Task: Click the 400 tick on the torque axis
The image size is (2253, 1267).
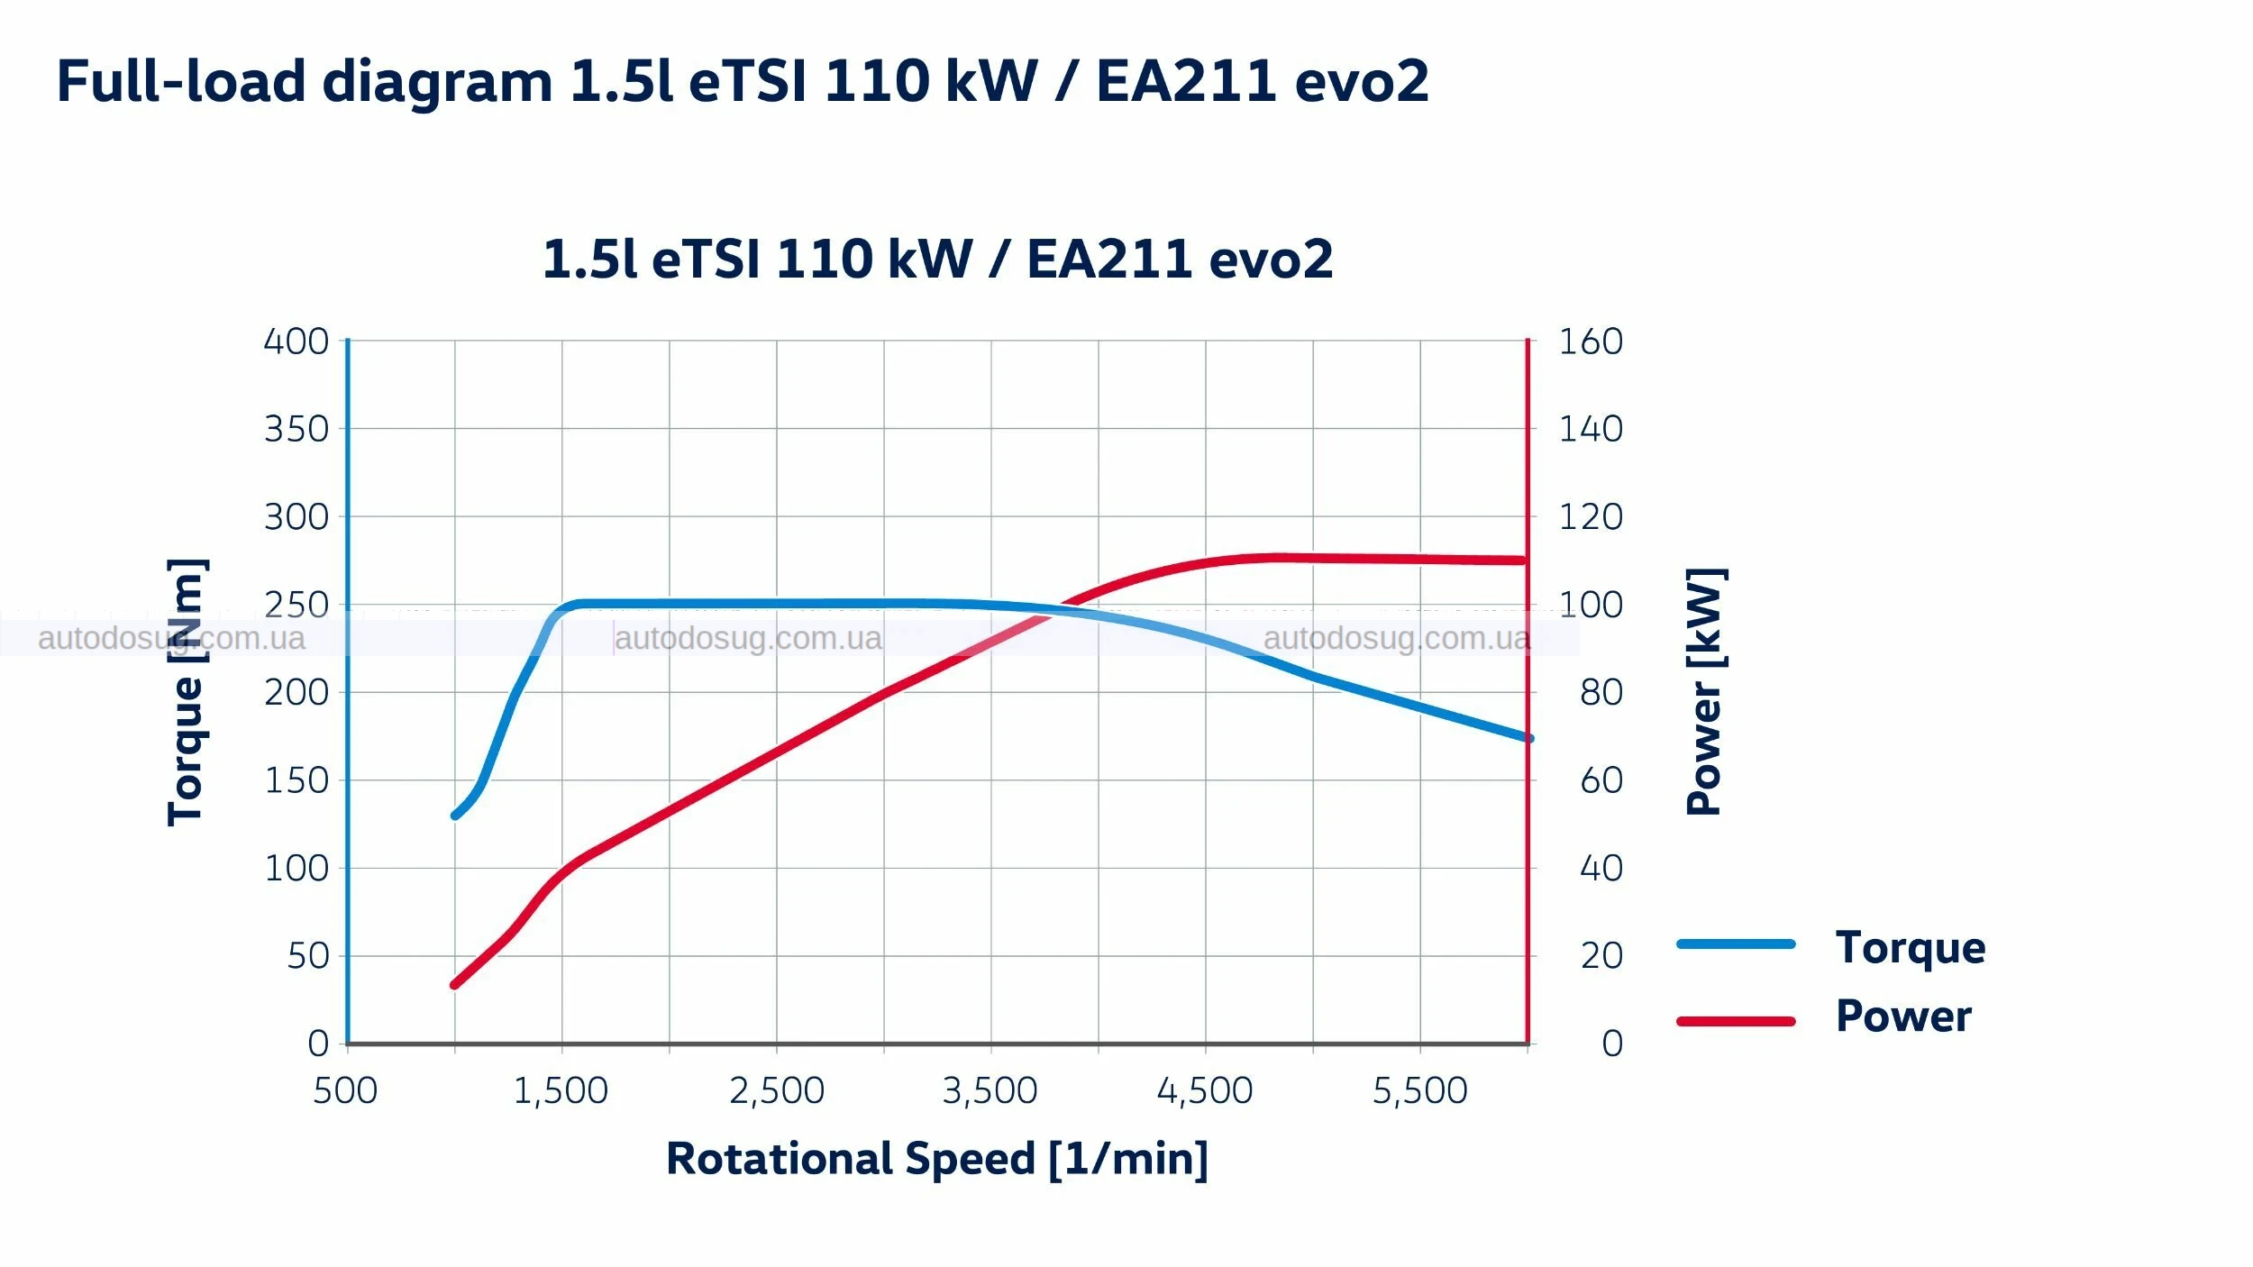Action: (x=296, y=342)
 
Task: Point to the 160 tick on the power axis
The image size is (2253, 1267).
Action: (x=1591, y=342)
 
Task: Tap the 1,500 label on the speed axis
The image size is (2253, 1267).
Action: (x=561, y=1090)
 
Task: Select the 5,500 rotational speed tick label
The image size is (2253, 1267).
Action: (x=1419, y=1090)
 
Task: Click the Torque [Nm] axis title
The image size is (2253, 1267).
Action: (x=187, y=692)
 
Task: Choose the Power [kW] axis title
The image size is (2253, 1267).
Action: (x=1705, y=692)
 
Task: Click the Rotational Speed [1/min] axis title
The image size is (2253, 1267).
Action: (x=937, y=1159)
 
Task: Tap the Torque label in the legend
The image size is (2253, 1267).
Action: (x=1911, y=947)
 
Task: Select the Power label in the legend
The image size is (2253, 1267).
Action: (x=1903, y=1016)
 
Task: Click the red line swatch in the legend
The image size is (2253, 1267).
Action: (x=1736, y=1021)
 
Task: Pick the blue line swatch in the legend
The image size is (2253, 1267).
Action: (x=1736, y=944)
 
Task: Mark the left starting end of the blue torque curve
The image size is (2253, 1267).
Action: (x=455, y=816)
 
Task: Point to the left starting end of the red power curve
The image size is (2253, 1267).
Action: (x=454, y=985)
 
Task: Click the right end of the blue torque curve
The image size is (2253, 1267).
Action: (x=1528, y=738)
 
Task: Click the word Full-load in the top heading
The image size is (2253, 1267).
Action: (x=181, y=81)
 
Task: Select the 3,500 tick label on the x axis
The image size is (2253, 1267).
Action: (x=990, y=1090)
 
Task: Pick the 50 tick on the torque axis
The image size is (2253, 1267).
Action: (x=308, y=956)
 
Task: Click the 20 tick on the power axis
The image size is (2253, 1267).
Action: (x=1601, y=956)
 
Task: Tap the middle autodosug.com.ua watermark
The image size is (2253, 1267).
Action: (x=748, y=638)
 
